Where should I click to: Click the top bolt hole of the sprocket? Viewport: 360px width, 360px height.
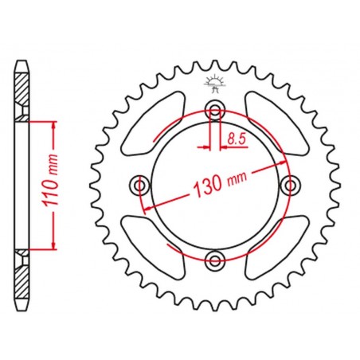click(x=215, y=109)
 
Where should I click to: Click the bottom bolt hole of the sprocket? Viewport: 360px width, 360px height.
click(x=215, y=261)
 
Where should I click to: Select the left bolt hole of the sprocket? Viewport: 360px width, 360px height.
click(x=139, y=185)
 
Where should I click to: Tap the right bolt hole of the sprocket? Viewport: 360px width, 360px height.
click(x=290, y=185)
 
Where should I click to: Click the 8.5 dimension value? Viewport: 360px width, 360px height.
click(x=237, y=139)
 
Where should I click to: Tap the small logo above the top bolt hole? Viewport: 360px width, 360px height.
click(x=214, y=84)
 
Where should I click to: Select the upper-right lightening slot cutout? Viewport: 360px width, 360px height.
click(x=277, y=123)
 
